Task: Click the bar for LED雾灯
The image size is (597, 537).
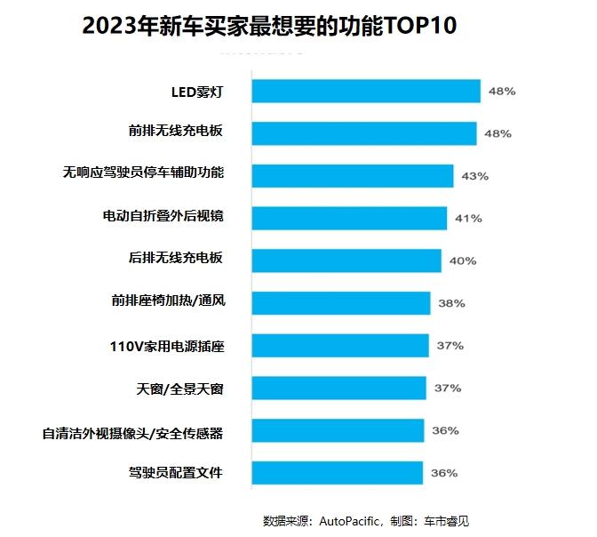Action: tap(366, 91)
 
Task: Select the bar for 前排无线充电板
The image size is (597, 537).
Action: tap(364, 133)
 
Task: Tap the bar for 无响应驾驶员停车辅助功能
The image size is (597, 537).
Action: tap(353, 175)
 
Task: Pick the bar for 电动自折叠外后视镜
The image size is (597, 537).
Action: tap(349, 218)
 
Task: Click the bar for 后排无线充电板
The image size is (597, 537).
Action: tap(346, 260)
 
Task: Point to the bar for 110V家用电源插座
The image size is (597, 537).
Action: tap(340, 345)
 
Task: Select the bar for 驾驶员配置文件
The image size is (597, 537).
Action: tap(338, 473)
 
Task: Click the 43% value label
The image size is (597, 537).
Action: tap(475, 176)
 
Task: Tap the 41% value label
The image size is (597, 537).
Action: tap(468, 219)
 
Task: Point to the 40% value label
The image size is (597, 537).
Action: tap(463, 261)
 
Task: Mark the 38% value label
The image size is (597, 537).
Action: tap(451, 303)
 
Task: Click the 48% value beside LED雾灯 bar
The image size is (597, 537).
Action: tap(502, 92)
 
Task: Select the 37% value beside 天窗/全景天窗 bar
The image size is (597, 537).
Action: tap(448, 389)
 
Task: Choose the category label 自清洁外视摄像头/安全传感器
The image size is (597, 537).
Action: tap(132, 433)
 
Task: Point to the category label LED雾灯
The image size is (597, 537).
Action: tap(197, 91)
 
